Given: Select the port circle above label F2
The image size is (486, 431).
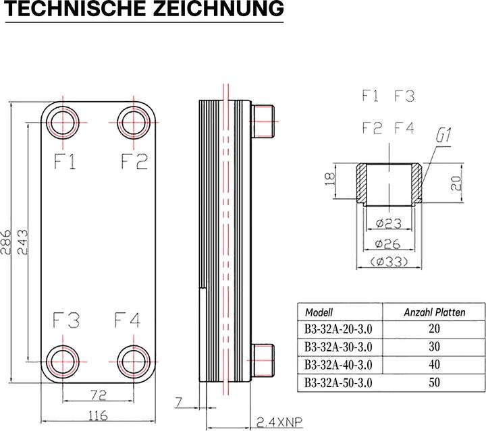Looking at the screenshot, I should (x=134, y=124).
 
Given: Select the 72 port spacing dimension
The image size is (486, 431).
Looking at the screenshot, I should (x=98, y=393).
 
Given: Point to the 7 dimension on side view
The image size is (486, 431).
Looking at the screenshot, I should (x=179, y=403).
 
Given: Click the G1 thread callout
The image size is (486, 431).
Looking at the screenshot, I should (x=443, y=136).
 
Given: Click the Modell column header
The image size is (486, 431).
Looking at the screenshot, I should (x=319, y=313).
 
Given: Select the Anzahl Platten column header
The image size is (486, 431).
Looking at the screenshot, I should (x=434, y=313).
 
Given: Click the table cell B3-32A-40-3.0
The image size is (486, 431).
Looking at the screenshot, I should (x=339, y=365).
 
